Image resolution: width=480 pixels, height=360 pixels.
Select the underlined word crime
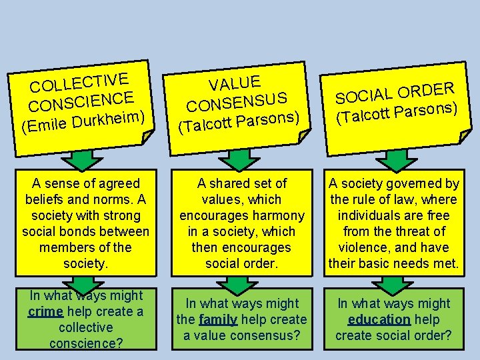(x=45, y=311)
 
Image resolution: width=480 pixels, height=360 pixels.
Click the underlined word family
(x=218, y=319)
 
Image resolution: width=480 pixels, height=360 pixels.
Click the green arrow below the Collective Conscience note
(x=83, y=160)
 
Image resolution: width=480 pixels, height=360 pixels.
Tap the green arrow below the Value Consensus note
(x=241, y=160)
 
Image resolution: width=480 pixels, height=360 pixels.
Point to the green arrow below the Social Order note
(x=396, y=160)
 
